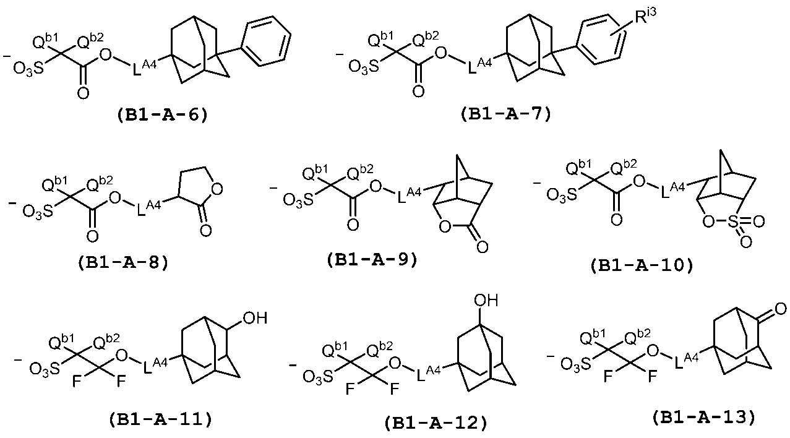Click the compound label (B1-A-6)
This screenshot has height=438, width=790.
click(x=162, y=115)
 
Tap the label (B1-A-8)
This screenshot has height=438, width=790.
click(x=123, y=261)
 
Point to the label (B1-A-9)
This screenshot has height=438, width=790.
click(x=372, y=259)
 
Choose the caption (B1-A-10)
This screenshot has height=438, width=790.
click(x=642, y=265)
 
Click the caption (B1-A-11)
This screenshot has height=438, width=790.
click(x=160, y=419)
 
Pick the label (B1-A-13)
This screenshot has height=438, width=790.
click(x=703, y=417)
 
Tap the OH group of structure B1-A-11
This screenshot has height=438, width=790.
click(x=254, y=319)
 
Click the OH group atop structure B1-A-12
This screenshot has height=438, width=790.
click(x=486, y=301)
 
